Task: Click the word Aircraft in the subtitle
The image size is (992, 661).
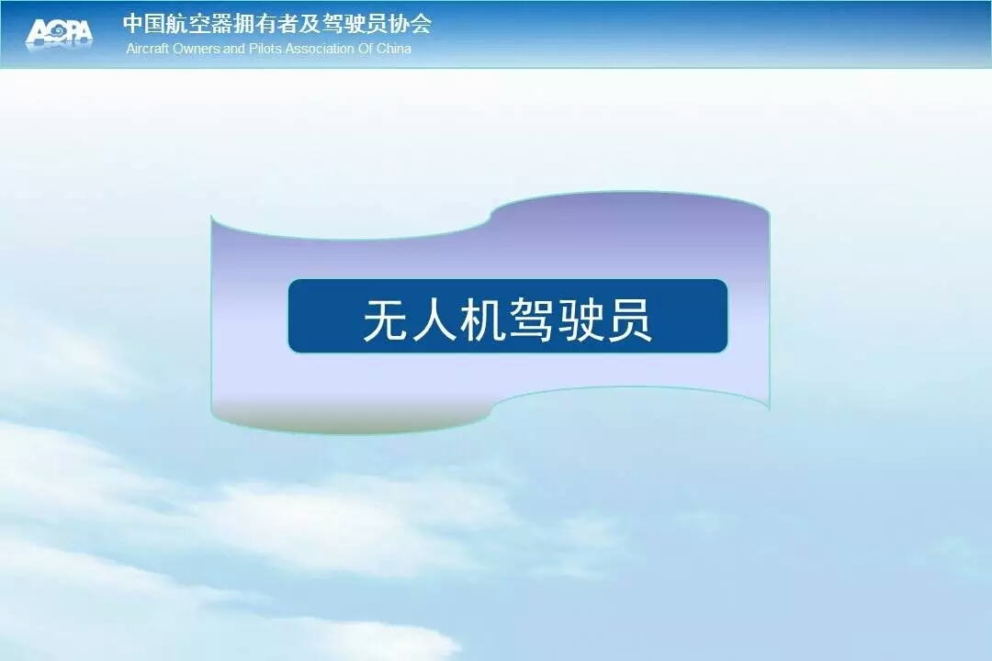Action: point(147,49)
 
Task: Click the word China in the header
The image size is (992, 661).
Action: point(394,49)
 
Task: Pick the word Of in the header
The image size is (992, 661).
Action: point(366,49)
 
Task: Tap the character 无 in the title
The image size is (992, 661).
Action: point(384,320)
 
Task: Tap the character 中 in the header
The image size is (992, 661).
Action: point(133,24)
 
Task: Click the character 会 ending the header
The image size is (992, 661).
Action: point(421,24)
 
